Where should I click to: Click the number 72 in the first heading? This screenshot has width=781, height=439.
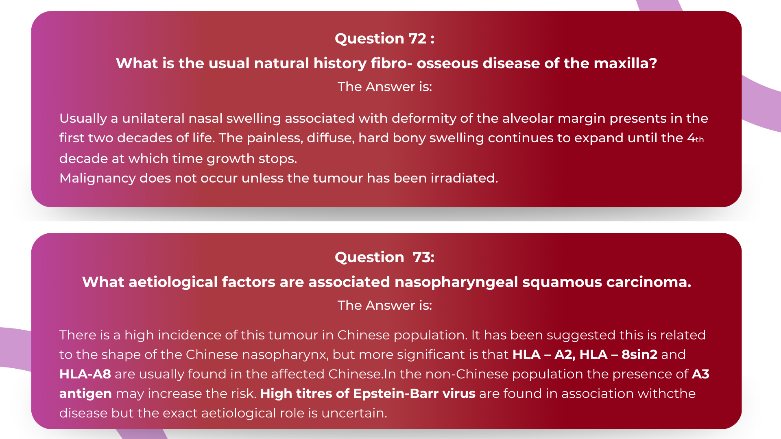pyautogui.click(x=417, y=39)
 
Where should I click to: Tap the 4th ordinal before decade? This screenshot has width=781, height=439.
pyautogui.click(x=695, y=138)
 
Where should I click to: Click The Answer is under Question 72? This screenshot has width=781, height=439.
pyautogui.click(x=385, y=87)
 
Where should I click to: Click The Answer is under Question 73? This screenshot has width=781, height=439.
pyautogui.click(x=385, y=305)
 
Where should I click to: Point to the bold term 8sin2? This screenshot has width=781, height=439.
pyautogui.click(x=639, y=354)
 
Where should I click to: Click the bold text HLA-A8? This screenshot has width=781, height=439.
pyautogui.click(x=85, y=374)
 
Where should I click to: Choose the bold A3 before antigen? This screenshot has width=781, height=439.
pyautogui.click(x=700, y=374)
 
